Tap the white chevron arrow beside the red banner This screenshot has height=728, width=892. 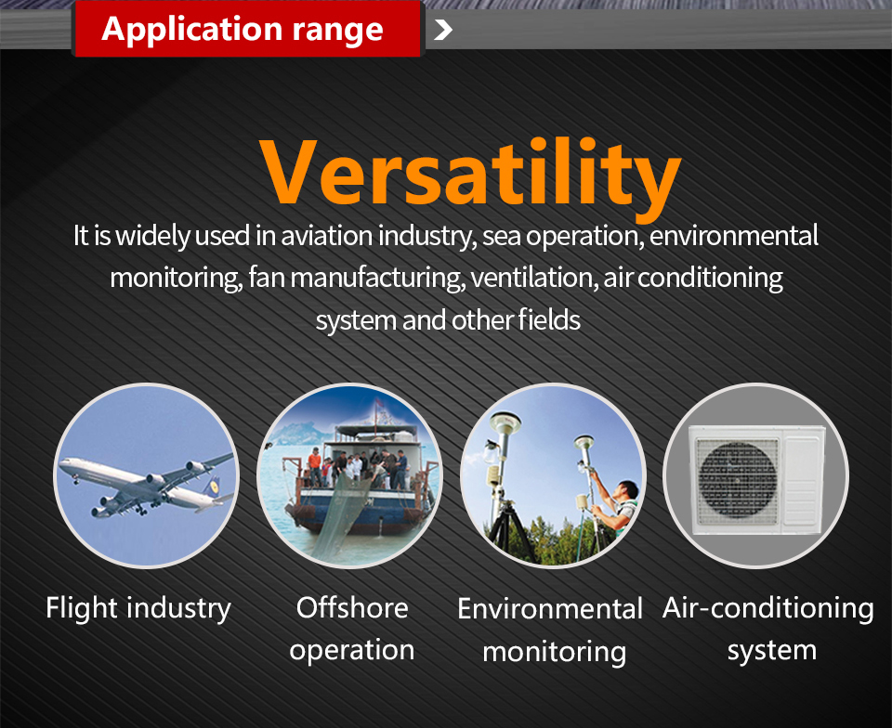point(443,30)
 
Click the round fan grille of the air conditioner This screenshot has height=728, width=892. point(737,478)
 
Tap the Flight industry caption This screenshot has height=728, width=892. point(138,608)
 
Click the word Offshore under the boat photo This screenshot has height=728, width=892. point(352,608)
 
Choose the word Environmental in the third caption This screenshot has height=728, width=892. point(550,608)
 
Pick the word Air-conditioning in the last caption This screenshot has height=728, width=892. point(768,609)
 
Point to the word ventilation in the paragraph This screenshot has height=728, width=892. point(534,278)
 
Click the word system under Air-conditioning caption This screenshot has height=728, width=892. point(772,651)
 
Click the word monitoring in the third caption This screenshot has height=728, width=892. point(554,652)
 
